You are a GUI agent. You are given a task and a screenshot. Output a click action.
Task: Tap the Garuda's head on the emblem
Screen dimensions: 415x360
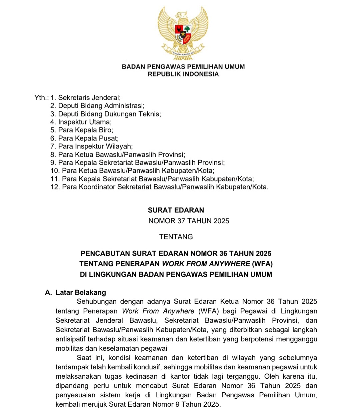(x=181, y=15)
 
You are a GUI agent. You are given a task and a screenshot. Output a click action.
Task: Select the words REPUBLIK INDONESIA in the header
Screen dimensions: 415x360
(x=183, y=74)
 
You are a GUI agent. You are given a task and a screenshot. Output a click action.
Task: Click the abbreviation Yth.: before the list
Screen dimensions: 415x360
(x=41, y=98)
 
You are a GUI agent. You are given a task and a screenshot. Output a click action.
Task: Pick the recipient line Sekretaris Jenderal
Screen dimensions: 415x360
(x=89, y=98)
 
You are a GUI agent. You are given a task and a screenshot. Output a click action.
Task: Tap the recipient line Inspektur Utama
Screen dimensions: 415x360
(x=85, y=122)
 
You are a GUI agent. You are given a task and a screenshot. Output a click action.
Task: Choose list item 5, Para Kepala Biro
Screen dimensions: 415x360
(x=85, y=130)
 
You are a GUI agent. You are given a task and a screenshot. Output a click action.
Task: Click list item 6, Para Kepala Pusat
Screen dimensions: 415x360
(x=88, y=138)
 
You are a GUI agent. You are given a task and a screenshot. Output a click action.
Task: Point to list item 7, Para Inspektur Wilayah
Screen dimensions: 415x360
(x=95, y=147)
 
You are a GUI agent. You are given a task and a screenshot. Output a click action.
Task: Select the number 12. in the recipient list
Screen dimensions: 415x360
(x=55, y=187)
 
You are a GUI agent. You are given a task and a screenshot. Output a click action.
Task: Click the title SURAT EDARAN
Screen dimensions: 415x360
(x=176, y=210)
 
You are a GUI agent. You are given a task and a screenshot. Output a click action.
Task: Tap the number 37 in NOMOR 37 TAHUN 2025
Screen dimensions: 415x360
(x=181, y=221)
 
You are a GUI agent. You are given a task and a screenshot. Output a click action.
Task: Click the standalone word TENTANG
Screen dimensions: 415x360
(x=176, y=237)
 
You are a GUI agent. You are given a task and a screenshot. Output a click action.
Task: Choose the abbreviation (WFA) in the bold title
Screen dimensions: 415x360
(x=262, y=264)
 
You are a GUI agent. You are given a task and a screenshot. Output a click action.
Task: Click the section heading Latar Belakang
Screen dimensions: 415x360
(x=81, y=292)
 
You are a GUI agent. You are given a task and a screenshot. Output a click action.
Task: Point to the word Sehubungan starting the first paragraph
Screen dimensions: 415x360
(x=96, y=302)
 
